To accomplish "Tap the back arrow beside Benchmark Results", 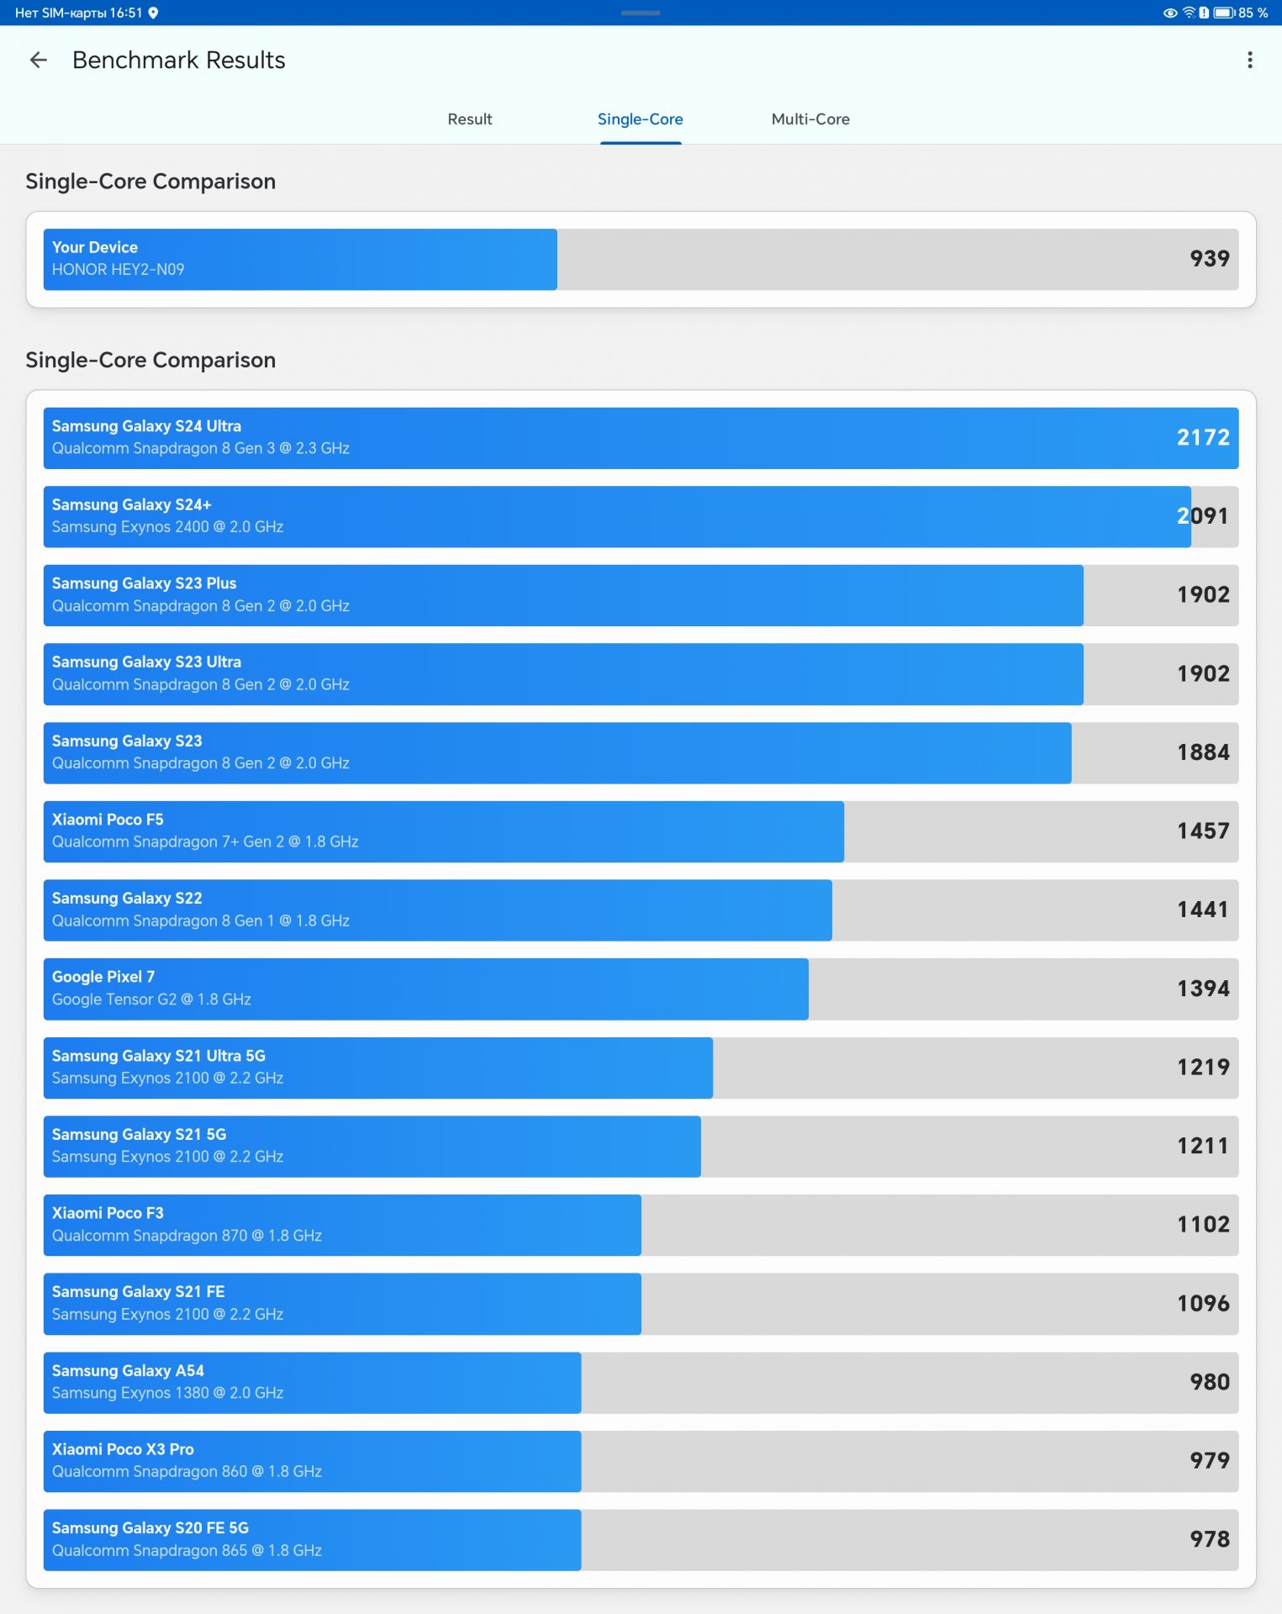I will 39,60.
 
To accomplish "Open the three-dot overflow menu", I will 1249,60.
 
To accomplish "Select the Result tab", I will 469,119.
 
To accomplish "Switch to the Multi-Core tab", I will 810,119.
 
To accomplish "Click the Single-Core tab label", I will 640,119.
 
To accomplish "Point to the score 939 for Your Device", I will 1209,259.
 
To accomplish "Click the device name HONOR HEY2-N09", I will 118,270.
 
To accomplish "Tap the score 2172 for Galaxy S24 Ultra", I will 1202,438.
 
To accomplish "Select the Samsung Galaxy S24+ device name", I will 131,504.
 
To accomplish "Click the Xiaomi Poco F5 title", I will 108,820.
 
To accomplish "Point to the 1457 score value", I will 1202,831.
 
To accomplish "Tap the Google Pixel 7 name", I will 103,977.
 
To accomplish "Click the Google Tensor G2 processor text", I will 151,1000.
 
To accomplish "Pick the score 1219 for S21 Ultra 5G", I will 1202,1068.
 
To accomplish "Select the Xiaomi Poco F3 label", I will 108,1213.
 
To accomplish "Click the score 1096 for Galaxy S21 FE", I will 1202,1304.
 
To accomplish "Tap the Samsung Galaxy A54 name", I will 128,1371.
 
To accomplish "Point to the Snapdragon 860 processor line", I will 187,1472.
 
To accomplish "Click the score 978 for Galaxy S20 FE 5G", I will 1209,1540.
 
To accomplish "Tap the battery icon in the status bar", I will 1223,13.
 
